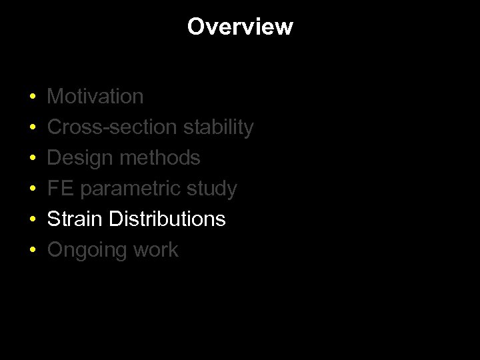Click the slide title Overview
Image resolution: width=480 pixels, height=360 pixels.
coord(240,27)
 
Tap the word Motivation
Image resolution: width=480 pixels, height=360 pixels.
coord(95,97)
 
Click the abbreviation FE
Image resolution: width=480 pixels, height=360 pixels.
coord(59,189)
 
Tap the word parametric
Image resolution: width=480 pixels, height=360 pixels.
coord(128,189)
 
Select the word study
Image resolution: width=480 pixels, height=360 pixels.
coord(211,189)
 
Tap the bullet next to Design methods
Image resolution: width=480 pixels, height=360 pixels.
coord(33,159)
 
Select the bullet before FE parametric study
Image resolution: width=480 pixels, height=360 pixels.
coord(33,189)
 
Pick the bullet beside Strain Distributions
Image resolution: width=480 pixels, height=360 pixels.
coord(33,220)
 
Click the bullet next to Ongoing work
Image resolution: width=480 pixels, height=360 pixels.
coord(33,251)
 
